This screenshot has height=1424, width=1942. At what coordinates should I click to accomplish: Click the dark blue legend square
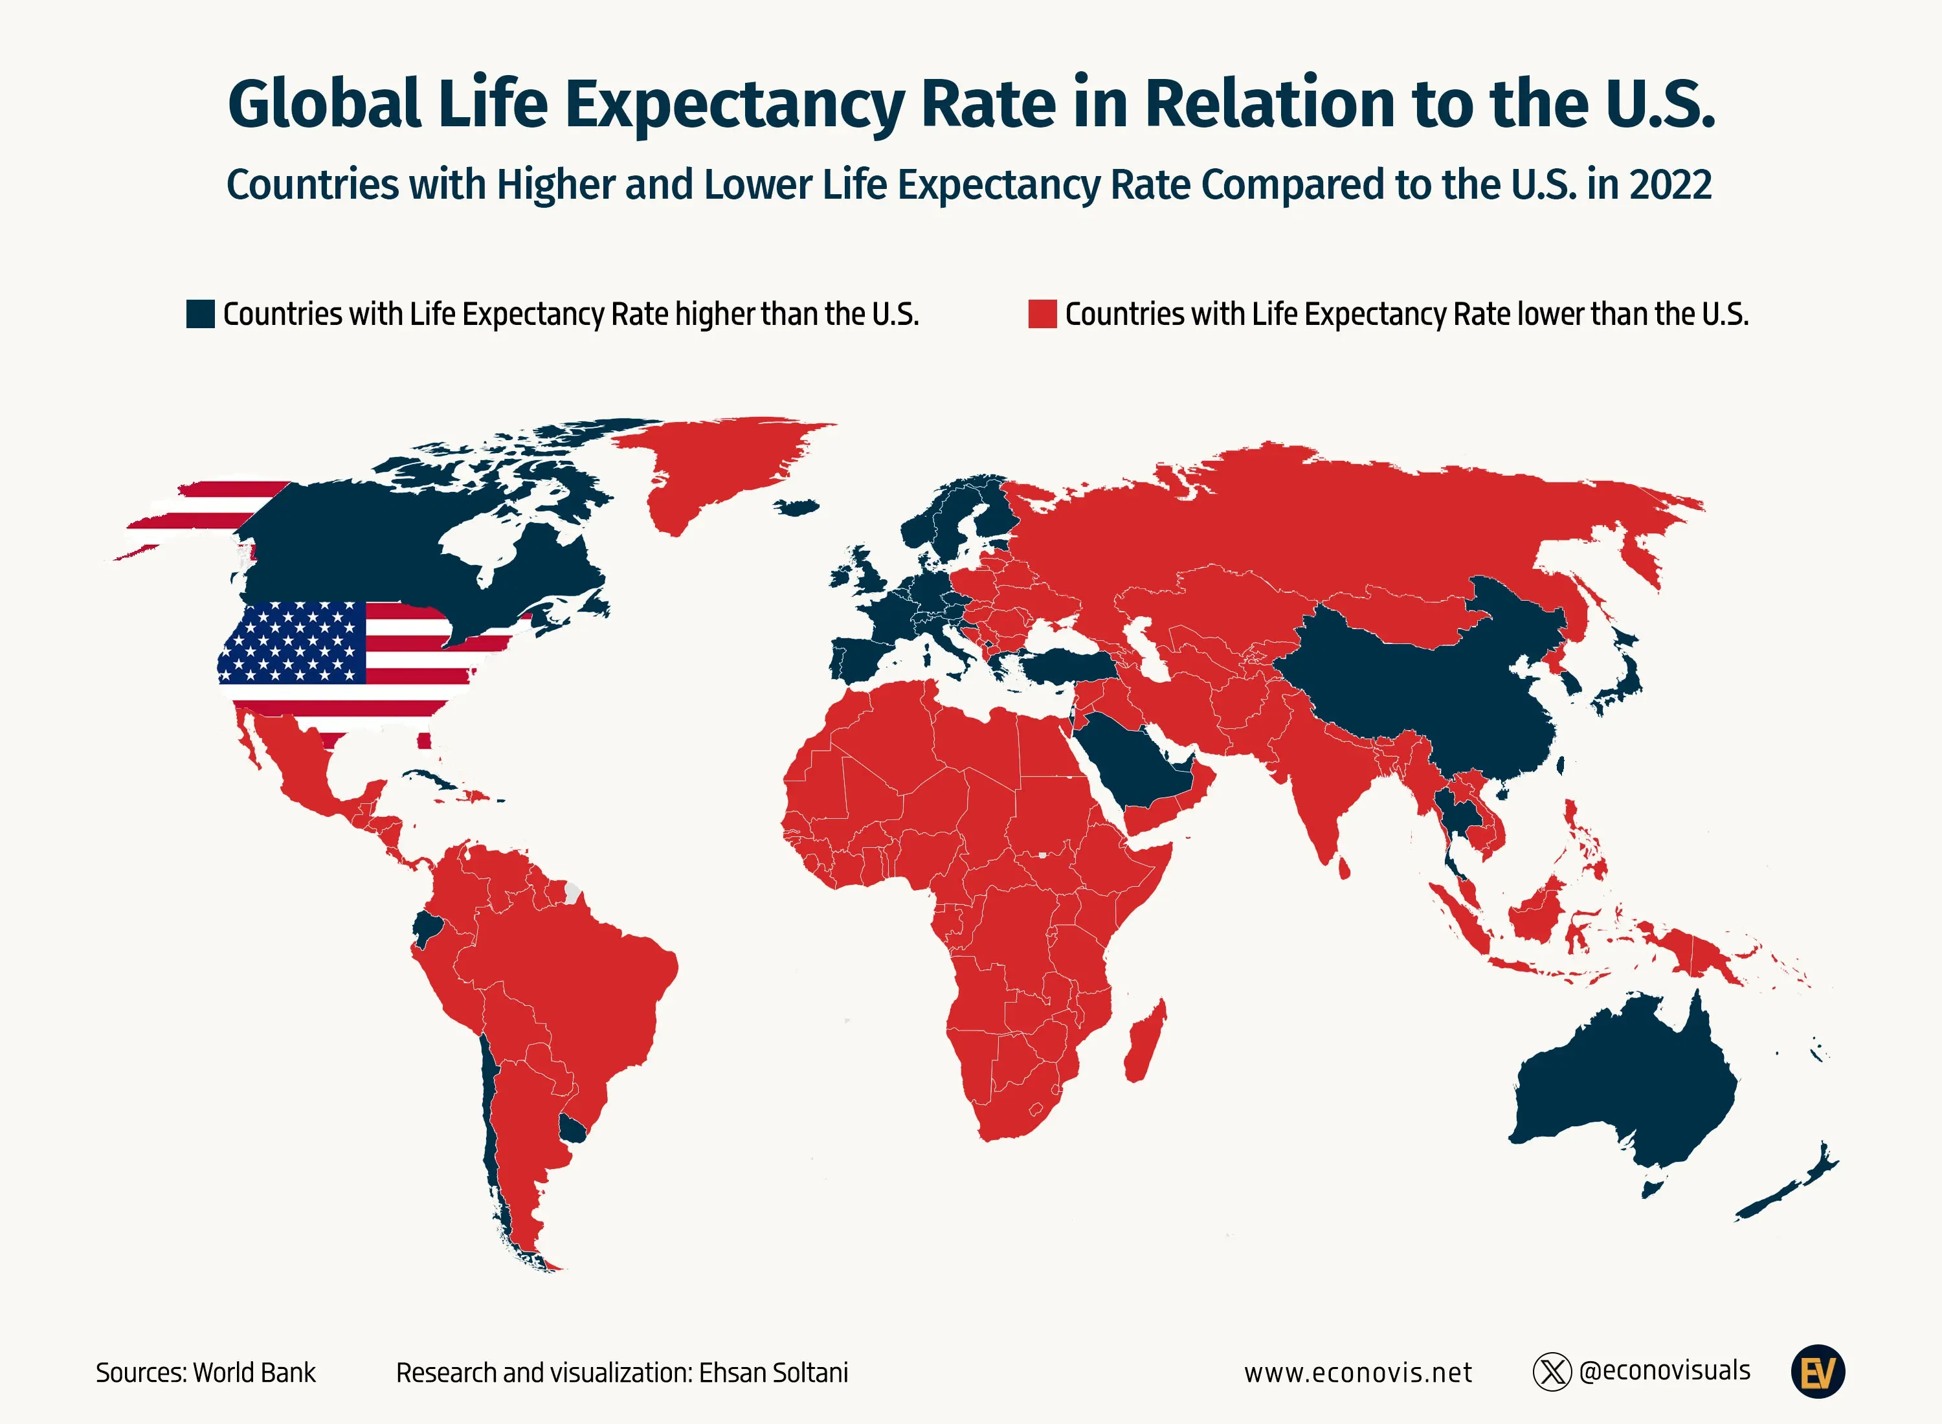200,314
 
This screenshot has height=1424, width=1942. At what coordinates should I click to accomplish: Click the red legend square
1042,314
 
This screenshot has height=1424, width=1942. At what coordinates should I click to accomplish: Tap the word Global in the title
324,104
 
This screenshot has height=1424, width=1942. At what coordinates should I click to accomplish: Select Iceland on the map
796,507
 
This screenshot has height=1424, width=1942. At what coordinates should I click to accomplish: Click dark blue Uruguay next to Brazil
572,1128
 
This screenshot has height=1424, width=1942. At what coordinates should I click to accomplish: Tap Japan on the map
1624,681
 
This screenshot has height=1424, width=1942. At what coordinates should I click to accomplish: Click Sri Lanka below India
1343,867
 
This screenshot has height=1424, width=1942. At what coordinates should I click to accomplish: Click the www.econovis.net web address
1357,1372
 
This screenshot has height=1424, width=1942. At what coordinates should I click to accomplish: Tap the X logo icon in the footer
1552,1372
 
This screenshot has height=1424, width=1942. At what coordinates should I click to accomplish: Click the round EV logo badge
1817,1372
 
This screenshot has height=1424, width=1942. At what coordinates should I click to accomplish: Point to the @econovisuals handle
1664,1370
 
